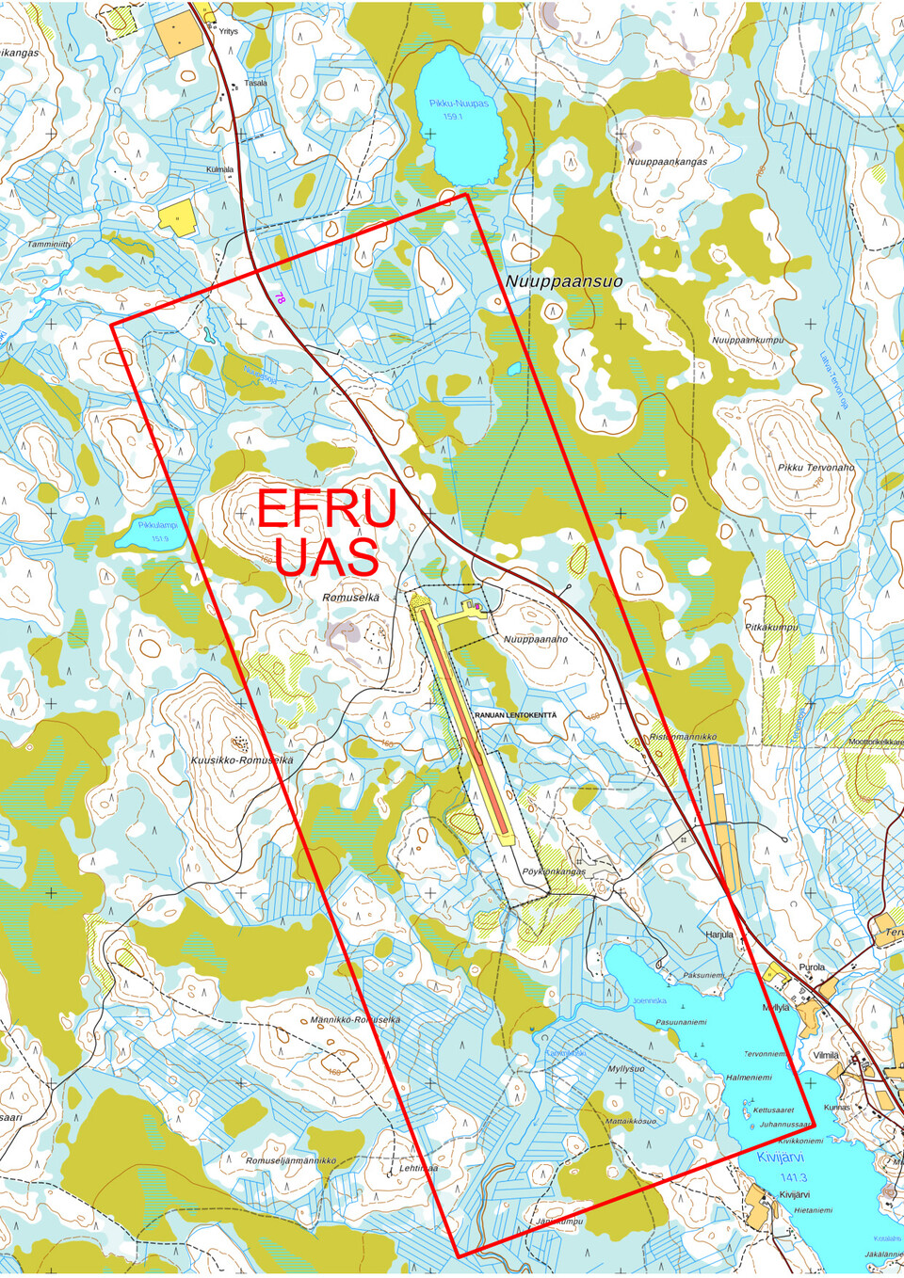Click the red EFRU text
327,509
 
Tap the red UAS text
327,557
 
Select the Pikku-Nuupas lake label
459,104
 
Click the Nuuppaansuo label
563,281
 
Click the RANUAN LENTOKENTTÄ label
515,715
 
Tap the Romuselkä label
350,598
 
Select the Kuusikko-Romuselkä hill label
242,760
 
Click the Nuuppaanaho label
536,639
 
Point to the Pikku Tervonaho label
815,468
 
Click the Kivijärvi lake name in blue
781,1158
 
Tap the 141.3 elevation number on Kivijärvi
793,1177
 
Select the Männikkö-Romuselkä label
355,1020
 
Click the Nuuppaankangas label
667,162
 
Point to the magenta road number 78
280,297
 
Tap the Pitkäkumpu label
771,627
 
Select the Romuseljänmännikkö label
291,1161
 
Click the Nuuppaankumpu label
748,341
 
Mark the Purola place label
811,967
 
